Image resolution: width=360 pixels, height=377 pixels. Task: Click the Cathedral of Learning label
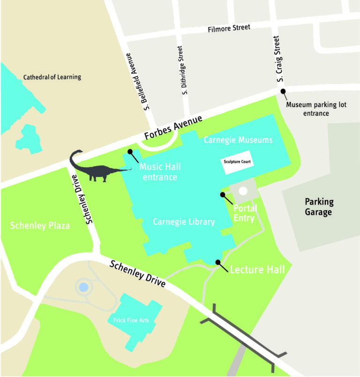[52, 77]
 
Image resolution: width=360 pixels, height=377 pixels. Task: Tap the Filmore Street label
[229, 29]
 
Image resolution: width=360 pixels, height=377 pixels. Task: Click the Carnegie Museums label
[238, 140]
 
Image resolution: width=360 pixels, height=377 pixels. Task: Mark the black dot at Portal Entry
[223, 194]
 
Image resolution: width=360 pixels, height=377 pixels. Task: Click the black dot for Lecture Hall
[217, 262]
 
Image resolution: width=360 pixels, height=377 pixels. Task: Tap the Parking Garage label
[319, 207]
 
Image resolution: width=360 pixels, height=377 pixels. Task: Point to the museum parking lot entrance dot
[283, 91]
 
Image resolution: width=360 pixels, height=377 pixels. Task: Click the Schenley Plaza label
[40, 226]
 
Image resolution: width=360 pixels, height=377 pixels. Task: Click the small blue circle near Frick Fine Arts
[83, 287]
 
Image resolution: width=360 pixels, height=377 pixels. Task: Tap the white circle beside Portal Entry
[243, 191]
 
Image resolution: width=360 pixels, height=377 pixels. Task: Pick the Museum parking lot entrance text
[316, 109]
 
